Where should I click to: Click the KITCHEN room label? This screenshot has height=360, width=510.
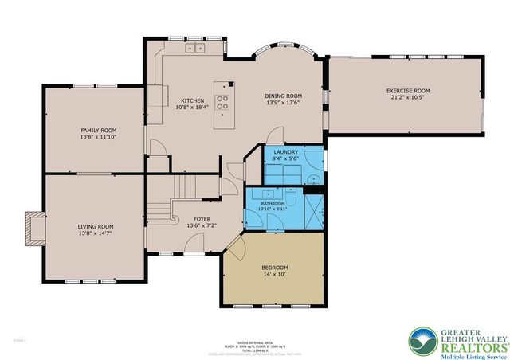tap(193, 101)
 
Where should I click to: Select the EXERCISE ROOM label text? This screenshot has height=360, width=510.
tap(408, 92)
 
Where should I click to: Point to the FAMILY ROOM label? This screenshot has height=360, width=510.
tap(99, 130)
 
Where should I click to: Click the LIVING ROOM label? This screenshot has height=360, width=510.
tap(95, 226)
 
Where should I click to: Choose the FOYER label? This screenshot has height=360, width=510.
tap(202, 218)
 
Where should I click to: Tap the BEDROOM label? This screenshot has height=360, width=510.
tap(275, 267)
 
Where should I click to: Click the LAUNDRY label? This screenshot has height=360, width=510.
tap(285, 151)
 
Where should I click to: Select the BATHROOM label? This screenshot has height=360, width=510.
tap(273, 203)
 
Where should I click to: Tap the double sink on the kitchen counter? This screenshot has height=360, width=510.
tap(194, 49)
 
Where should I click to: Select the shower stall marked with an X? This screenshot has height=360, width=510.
tap(317, 210)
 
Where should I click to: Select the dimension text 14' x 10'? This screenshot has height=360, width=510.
tap(275, 275)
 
